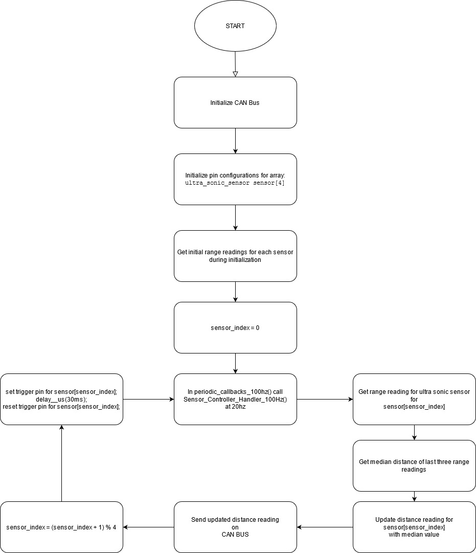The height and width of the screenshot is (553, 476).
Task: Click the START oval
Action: point(235,26)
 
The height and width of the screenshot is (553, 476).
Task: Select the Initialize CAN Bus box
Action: point(235,103)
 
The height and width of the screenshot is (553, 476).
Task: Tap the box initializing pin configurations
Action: point(235,179)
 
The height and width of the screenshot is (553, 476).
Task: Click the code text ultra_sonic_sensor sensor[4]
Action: point(235,183)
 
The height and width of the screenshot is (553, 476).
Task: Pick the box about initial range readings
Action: point(235,256)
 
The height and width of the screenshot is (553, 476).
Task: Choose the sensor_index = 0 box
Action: point(235,327)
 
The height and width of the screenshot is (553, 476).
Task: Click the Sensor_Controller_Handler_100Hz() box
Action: point(235,399)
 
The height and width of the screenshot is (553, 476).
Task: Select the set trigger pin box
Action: point(61,399)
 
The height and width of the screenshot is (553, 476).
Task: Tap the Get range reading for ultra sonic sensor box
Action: point(414,399)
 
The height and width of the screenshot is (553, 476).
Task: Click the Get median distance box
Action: point(414,466)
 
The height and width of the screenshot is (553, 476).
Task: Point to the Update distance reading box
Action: point(414,527)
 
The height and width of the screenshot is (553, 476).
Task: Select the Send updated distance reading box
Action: point(235,527)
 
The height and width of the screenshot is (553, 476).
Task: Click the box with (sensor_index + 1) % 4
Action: point(61,527)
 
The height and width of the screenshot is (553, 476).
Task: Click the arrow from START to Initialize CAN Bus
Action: point(235,64)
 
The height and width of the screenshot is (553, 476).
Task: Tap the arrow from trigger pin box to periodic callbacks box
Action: point(148,399)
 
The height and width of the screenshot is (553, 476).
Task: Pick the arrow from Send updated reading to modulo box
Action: point(148,527)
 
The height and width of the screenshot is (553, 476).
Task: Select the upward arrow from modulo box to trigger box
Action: point(61,463)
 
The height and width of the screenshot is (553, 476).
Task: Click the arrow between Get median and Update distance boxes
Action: point(414,496)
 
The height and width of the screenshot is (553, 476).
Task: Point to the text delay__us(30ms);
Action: point(61,400)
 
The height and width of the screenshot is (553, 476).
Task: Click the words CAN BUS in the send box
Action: point(235,535)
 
